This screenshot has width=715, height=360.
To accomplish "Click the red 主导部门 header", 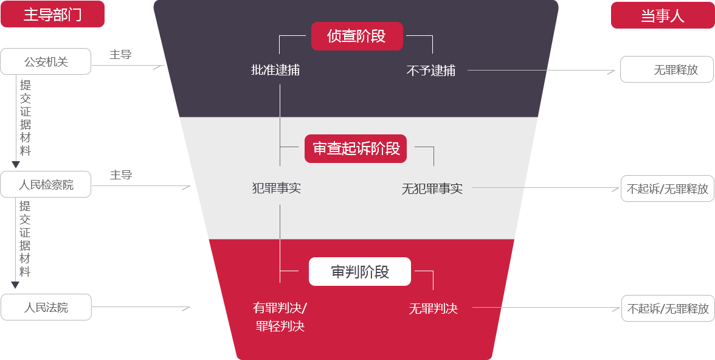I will [52, 15].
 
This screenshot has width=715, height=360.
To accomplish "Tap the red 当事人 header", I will [662, 15].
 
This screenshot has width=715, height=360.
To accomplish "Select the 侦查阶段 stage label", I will [357, 36].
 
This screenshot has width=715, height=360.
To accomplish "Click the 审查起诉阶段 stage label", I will [356, 149].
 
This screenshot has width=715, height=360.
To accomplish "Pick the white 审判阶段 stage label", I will [360, 272].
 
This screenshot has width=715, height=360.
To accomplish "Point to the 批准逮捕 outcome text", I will [275, 70].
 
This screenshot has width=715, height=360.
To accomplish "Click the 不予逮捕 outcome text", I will [431, 71].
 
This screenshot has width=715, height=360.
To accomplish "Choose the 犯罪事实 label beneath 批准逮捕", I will [277, 188].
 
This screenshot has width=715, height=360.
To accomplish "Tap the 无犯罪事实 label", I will [432, 189].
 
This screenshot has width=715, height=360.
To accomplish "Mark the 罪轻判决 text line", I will [280, 327].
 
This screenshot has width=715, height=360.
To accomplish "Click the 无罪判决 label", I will [433, 309].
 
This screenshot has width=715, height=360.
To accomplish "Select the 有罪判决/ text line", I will [280, 308].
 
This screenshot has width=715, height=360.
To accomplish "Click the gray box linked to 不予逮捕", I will [667, 69].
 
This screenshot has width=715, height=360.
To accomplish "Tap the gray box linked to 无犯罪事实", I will [667, 188].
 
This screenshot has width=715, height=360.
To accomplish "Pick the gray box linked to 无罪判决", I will [667, 308].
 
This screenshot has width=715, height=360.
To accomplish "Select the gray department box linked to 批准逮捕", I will [46, 61].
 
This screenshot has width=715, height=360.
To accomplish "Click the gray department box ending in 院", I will [46, 184].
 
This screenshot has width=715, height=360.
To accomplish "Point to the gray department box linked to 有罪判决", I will [46, 307].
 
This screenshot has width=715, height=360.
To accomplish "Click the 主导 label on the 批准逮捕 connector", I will [120, 55].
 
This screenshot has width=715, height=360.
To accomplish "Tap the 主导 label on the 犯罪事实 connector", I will [120, 175].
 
